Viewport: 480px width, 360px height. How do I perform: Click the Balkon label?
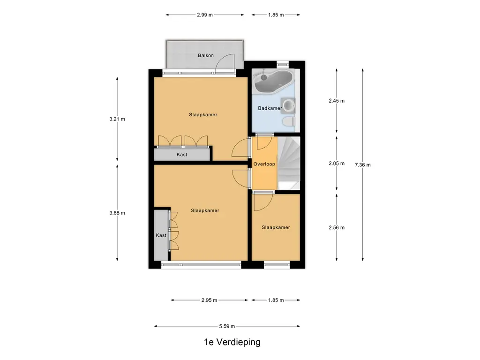tap(205, 55)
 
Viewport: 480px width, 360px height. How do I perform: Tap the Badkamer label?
tap(270, 108)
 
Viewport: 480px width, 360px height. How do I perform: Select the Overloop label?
tap(264, 164)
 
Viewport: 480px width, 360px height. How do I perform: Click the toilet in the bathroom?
tap(288, 122)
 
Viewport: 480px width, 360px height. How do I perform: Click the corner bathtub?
tap(271, 81)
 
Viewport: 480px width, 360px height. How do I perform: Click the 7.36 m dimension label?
tap(362, 165)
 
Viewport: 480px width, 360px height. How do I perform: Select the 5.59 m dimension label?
tap(227, 326)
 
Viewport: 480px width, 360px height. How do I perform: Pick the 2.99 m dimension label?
tap(204, 15)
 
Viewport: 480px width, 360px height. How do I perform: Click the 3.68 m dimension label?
tap(117, 213)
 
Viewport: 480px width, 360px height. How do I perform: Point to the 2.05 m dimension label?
tap(337, 164)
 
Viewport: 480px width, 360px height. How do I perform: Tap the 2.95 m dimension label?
tap(209, 300)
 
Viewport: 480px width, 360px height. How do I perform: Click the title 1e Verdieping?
tap(232, 342)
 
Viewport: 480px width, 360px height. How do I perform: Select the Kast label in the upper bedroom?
tap(182, 154)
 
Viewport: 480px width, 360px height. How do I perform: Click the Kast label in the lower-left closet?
tap(161, 235)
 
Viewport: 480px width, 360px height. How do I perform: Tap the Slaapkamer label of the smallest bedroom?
tap(276, 227)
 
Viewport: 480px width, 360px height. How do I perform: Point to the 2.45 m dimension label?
tap(337, 101)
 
